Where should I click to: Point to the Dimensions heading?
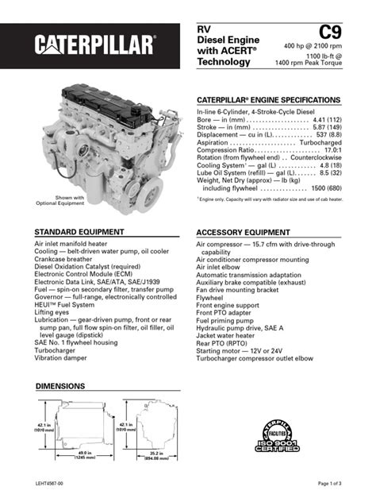point(61,386)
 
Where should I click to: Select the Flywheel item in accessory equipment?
point(210,298)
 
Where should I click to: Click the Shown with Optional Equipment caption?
point(60,200)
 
